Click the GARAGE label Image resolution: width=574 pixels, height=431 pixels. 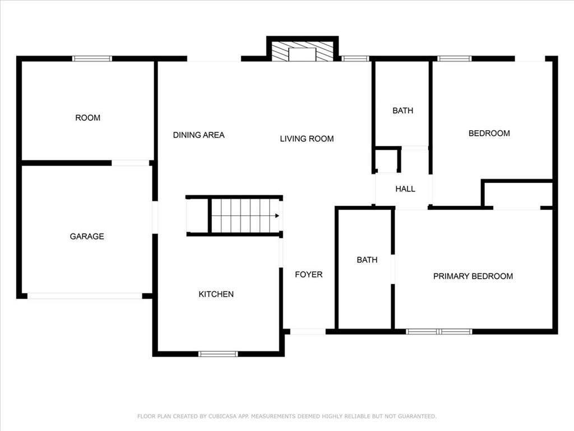(x=87, y=236)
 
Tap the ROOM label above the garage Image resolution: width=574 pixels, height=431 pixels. (x=87, y=118)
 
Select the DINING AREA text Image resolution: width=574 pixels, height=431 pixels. (x=198, y=135)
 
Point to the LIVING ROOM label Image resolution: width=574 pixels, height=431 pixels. (x=307, y=139)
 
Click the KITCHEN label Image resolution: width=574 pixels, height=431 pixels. (x=216, y=294)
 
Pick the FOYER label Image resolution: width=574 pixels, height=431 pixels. (x=309, y=274)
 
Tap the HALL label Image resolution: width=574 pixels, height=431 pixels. (x=405, y=189)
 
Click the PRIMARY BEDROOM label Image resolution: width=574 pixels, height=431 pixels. (x=473, y=276)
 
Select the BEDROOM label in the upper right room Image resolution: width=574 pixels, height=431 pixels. (x=489, y=133)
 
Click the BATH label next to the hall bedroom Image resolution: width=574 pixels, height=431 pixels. (x=402, y=111)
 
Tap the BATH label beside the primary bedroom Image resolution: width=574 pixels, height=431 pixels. (x=367, y=259)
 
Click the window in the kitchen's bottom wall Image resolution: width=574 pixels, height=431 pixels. (x=218, y=354)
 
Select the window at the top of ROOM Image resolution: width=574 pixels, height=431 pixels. (x=92, y=58)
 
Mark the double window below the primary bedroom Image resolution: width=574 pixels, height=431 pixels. (x=439, y=332)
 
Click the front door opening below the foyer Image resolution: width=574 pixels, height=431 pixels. (x=308, y=332)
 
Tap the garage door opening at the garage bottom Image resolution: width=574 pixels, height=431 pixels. (x=85, y=296)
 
